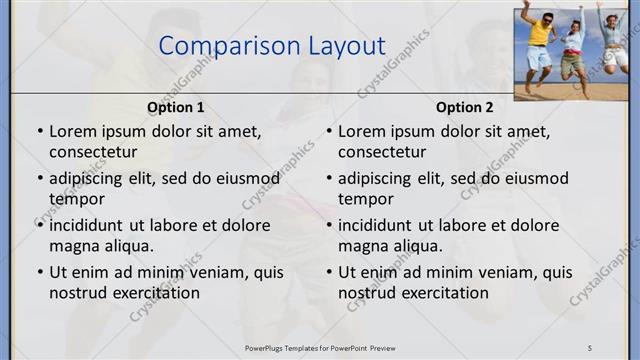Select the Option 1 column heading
point(176,107)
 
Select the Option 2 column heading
point(464,107)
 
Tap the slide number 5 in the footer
point(590,347)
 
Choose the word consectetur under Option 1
point(93,152)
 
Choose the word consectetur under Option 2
point(382,152)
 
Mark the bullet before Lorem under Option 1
point(39,131)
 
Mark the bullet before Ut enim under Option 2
point(328,272)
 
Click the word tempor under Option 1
point(76,199)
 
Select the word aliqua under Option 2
point(435,246)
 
